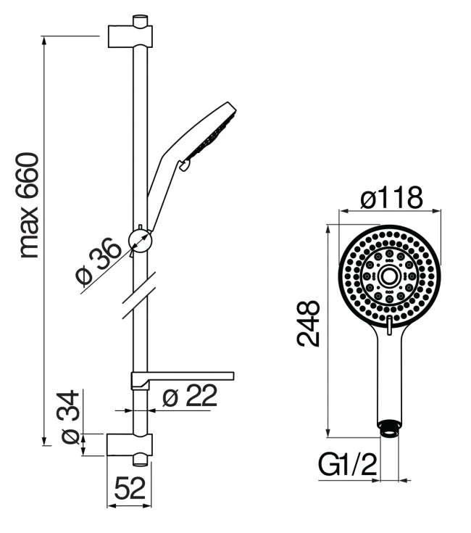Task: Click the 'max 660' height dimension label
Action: click(x=29, y=205)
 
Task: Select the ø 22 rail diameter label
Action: click(x=190, y=395)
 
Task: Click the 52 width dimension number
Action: click(x=130, y=489)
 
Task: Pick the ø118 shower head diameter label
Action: click(x=391, y=197)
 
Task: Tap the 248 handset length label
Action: click(x=309, y=323)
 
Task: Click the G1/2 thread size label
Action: click(x=347, y=465)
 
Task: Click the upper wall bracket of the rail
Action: click(x=130, y=36)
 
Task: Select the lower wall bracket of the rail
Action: click(x=130, y=445)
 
